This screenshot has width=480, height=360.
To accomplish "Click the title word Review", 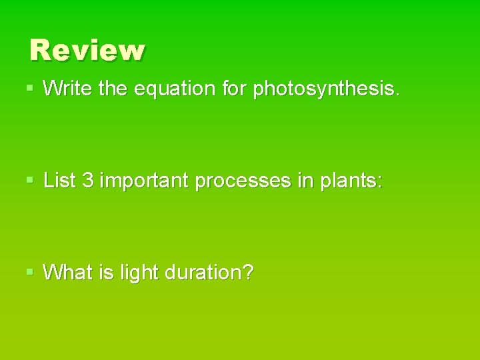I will click(87, 50).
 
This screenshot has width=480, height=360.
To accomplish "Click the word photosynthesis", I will click(325, 89).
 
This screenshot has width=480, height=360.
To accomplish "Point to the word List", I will click(60, 181).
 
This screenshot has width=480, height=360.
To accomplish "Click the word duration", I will click(204, 272).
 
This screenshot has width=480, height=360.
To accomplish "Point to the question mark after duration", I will click(248, 272).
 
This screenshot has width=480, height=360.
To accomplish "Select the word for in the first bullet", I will click(234, 89).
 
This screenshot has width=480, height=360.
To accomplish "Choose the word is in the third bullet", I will click(106, 272).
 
